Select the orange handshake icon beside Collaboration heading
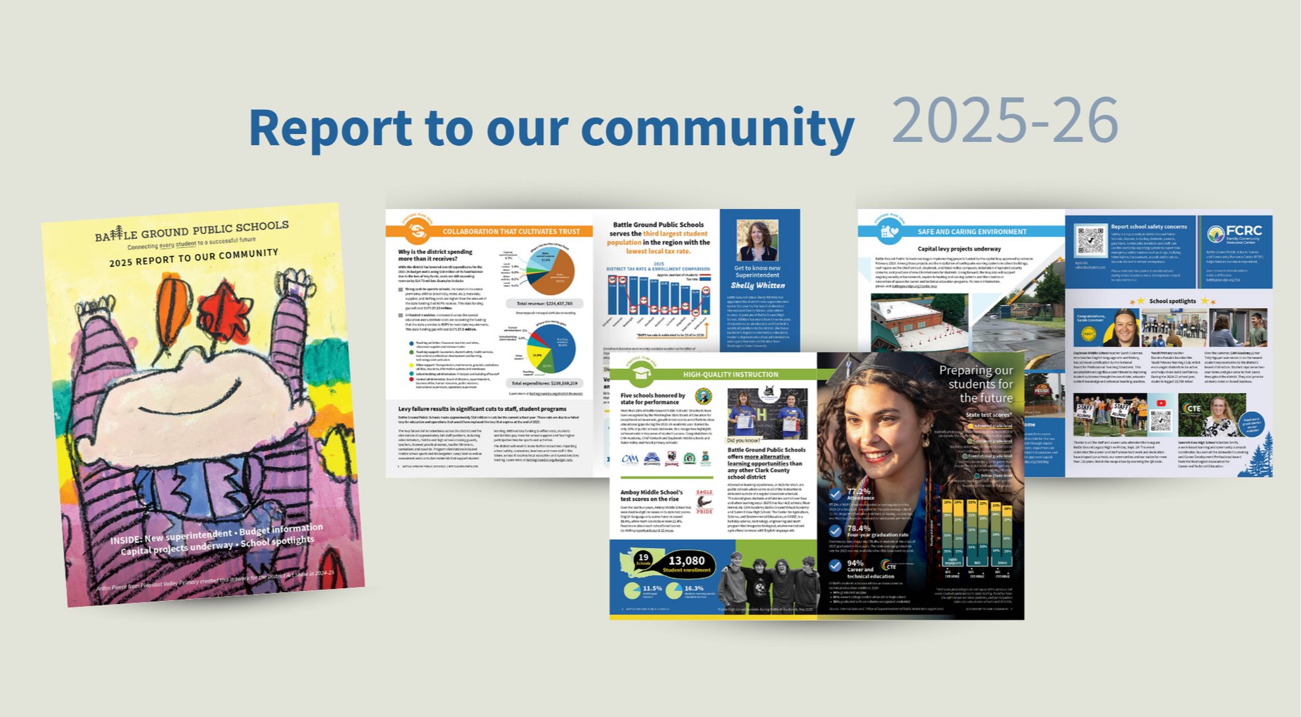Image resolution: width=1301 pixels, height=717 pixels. [x=417, y=231]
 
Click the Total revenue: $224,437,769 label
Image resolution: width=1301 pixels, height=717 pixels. [x=544, y=304]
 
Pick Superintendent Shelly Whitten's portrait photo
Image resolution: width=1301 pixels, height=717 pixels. [x=757, y=240]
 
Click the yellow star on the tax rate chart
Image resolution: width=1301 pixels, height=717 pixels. [x=705, y=311]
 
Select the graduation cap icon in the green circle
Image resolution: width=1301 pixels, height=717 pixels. [x=641, y=374]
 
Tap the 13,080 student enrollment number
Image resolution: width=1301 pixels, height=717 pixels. [x=686, y=560]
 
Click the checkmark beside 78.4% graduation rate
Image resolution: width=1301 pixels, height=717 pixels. [x=835, y=531]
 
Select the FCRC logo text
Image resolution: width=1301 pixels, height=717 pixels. [x=1243, y=231]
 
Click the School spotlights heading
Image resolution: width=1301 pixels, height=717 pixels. [x=1173, y=301]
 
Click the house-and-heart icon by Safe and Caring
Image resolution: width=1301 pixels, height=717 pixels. [x=890, y=231]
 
